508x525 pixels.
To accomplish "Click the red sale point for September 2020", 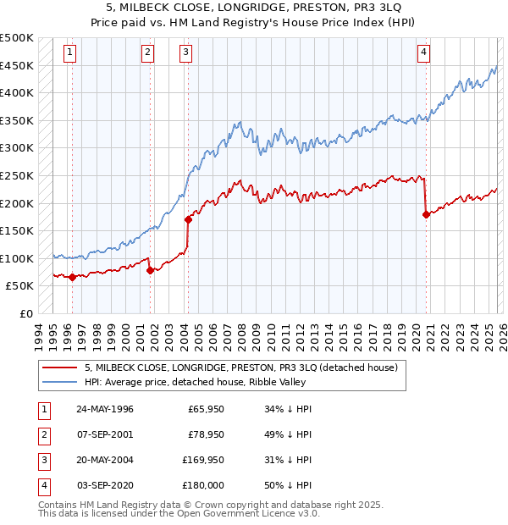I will (426, 214).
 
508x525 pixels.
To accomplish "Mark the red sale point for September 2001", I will (150, 270).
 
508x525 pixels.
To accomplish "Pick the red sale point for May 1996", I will (72, 277).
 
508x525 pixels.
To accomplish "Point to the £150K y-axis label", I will (18, 230).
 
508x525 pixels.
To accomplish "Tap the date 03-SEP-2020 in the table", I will (104, 485).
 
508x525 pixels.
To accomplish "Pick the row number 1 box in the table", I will (42, 410).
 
